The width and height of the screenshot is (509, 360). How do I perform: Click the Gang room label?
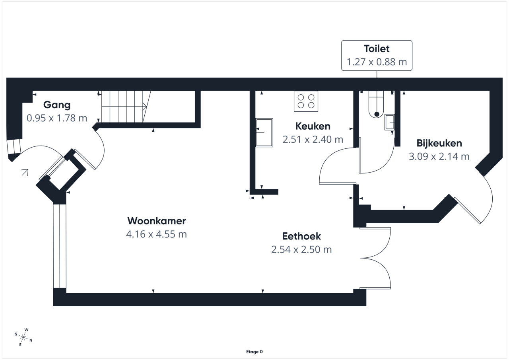(x=57, y=105)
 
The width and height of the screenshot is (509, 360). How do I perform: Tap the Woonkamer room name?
(x=156, y=221)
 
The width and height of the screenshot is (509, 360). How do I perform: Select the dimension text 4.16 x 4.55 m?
(x=156, y=234)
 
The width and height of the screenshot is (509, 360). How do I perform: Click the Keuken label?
(x=313, y=126)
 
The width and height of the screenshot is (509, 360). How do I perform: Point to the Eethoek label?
(x=301, y=236)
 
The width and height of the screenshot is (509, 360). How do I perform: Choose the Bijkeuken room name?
(x=439, y=143)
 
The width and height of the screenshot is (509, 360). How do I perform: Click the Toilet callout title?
(x=377, y=49)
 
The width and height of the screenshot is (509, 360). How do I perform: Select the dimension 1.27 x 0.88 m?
(x=377, y=62)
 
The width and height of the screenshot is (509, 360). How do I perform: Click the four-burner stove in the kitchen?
(x=306, y=101)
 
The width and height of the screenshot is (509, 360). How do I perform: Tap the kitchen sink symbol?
(x=264, y=132)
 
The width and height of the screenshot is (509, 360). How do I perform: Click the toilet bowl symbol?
(x=376, y=105)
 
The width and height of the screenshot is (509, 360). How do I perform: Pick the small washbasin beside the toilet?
(x=389, y=122)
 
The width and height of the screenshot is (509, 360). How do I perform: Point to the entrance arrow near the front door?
(x=25, y=172)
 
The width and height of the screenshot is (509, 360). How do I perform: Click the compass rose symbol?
(x=23, y=337)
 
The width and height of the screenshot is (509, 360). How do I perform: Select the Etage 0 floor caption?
(x=254, y=352)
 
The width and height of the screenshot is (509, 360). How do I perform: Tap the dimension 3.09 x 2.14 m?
(x=439, y=156)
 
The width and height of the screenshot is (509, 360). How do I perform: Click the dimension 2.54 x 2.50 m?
(x=301, y=249)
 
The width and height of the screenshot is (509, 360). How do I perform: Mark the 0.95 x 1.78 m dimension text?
(x=57, y=118)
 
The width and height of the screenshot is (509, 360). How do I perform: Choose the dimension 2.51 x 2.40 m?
(x=313, y=140)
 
